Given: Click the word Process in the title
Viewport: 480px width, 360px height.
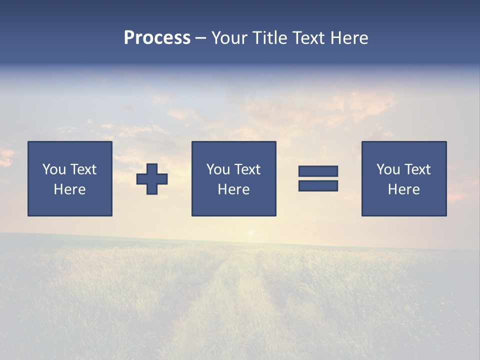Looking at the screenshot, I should coord(157,38).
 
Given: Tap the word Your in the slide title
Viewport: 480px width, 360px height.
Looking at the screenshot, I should coord(230,38).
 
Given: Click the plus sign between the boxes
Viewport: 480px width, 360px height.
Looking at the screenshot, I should coord(152,178).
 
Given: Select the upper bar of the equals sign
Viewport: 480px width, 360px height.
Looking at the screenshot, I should coord(318,171).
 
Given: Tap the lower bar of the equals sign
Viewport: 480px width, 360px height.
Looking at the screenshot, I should coord(318,186).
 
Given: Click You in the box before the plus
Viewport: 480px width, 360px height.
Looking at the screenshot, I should coord(54,169).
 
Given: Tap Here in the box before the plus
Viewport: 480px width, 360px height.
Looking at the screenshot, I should coord(70,189).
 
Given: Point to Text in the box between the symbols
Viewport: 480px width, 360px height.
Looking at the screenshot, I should coord(247,169).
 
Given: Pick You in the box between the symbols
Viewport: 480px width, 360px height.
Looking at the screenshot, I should coord(218,169).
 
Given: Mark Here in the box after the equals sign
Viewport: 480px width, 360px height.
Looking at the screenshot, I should coord(404,189).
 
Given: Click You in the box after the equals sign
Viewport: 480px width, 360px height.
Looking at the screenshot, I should coord(388,169).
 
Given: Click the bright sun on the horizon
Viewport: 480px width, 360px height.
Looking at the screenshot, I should coord(251,232).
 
